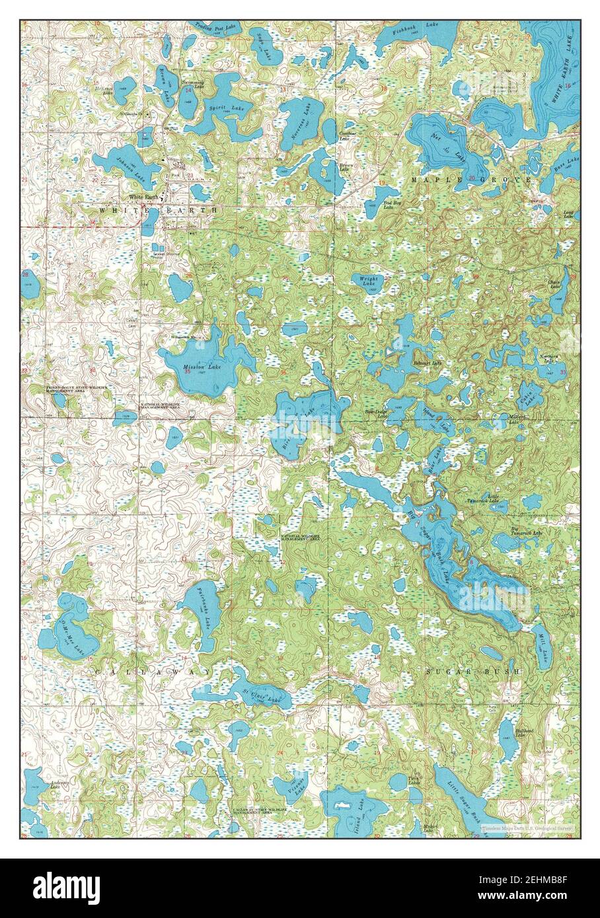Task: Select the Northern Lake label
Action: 549,357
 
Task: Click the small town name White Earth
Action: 143,197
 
